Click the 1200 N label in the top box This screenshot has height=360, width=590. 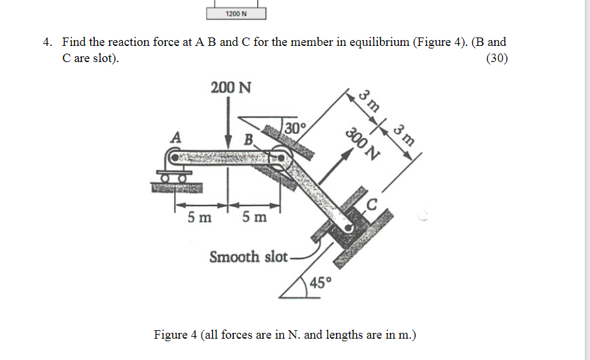(x=237, y=14)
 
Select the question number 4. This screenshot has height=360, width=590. (x=47, y=43)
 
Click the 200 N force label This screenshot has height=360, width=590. (x=231, y=88)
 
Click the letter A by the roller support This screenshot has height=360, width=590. (x=174, y=137)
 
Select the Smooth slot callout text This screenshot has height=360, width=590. (x=248, y=257)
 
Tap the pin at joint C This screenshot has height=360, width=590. (x=350, y=228)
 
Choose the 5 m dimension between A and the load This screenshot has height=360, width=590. (x=200, y=218)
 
